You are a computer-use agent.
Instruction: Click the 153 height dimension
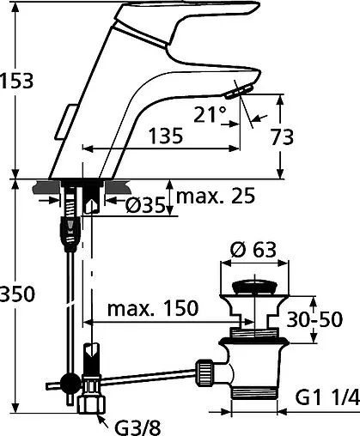click(x=17, y=82)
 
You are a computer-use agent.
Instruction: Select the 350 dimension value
click(x=17, y=294)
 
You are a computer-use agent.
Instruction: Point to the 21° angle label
click(x=213, y=112)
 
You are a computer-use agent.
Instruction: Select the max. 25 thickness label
click(x=216, y=197)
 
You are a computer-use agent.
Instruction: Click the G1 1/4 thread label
click(x=326, y=397)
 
